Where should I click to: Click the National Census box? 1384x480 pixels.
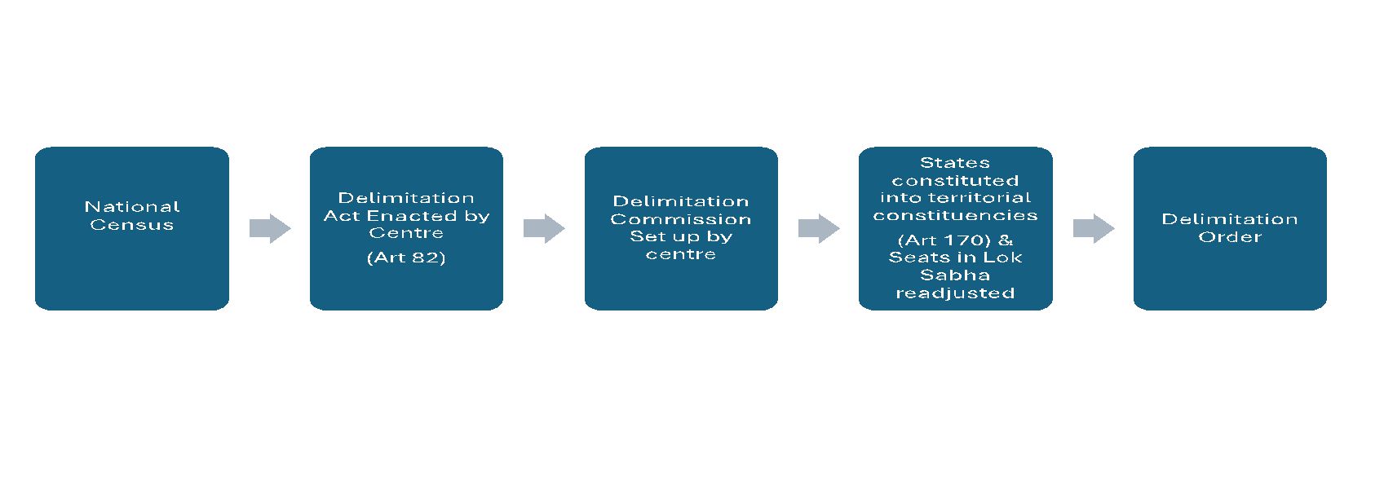131,269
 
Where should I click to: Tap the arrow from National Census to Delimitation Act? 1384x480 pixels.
270,229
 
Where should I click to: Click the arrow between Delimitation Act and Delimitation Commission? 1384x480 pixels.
544,229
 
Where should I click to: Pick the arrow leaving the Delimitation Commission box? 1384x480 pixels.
819,229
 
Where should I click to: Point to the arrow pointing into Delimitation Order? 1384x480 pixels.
1093,229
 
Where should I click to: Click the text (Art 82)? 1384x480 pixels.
406,258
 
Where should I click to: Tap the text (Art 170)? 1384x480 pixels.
942,240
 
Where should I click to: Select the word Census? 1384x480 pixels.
131,225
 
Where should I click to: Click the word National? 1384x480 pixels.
131,207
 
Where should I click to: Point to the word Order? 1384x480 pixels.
1229,237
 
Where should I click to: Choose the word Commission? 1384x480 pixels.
680,219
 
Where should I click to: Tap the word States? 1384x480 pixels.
954,163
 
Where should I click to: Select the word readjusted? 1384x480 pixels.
954,293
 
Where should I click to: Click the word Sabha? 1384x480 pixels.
954,275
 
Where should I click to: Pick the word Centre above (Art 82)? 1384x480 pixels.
406,233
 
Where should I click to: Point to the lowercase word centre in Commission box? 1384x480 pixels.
680,254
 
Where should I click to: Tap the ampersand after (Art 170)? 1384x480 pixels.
1005,240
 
